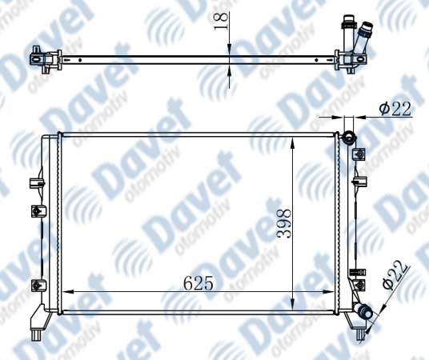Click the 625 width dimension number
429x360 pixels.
coord(198,283)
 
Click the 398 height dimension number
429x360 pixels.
coord(284,224)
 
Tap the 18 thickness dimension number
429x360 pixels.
coord(221,22)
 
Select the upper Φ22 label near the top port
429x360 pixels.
coord(395,109)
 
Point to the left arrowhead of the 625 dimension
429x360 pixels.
coord(68,292)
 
